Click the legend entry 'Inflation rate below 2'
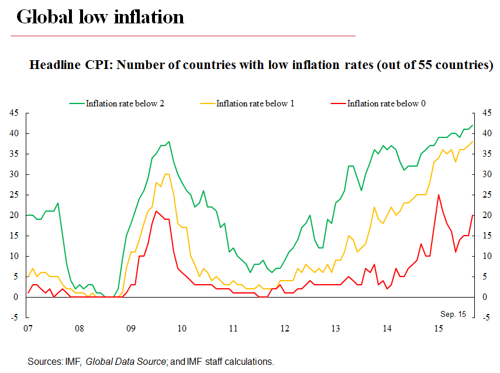coord(125,103)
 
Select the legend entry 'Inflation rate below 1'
coord(255,103)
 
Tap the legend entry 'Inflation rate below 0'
coord(386,103)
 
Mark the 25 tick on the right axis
coord(485,195)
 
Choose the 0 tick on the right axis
coord(485,297)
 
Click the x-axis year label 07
coord(27,329)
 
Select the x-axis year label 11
coord(233,329)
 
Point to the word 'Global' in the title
coord(46,17)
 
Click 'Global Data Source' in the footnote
coord(126,362)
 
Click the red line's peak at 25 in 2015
coord(439,195)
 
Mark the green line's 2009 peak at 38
coord(169,141)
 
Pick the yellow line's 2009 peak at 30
coord(167,174)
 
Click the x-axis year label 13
coord(336,329)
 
